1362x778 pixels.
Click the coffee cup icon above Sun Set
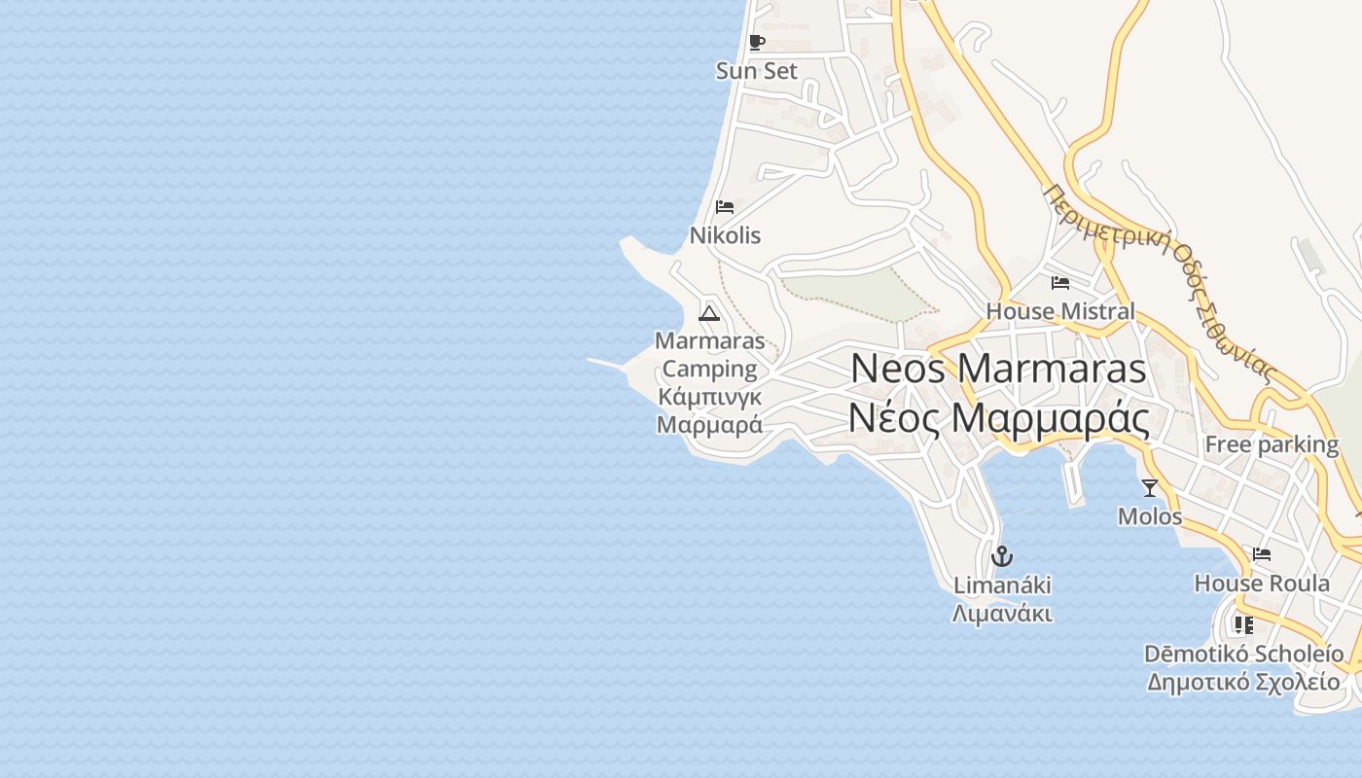click(x=757, y=42)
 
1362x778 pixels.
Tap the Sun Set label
click(x=757, y=71)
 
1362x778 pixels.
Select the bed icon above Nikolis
click(x=725, y=206)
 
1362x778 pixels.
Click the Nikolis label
click(x=725, y=235)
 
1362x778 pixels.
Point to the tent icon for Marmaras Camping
click(x=708, y=313)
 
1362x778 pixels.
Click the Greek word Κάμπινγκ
click(x=710, y=397)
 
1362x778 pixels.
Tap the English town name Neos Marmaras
click(x=998, y=370)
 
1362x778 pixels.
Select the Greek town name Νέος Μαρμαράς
click(x=998, y=418)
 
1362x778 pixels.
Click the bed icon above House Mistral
click(x=1060, y=283)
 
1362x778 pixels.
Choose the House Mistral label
click(x=1060, y=311)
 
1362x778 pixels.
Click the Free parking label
click(x=1272, y=444)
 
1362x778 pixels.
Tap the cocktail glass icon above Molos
click(x=1150, y=488)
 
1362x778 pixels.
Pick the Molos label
click(x=1150, y=516)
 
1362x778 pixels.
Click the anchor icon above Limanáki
click(x=1002, y=556)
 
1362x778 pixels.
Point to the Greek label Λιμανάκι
click(x=1002, y=614)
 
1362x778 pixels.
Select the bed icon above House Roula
click(x=1262, y=554)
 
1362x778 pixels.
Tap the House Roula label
click(x=1262, y=583)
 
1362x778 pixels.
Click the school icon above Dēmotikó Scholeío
click(x=1243, y=624)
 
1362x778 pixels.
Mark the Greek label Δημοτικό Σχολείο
click(x=1243, y=682)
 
